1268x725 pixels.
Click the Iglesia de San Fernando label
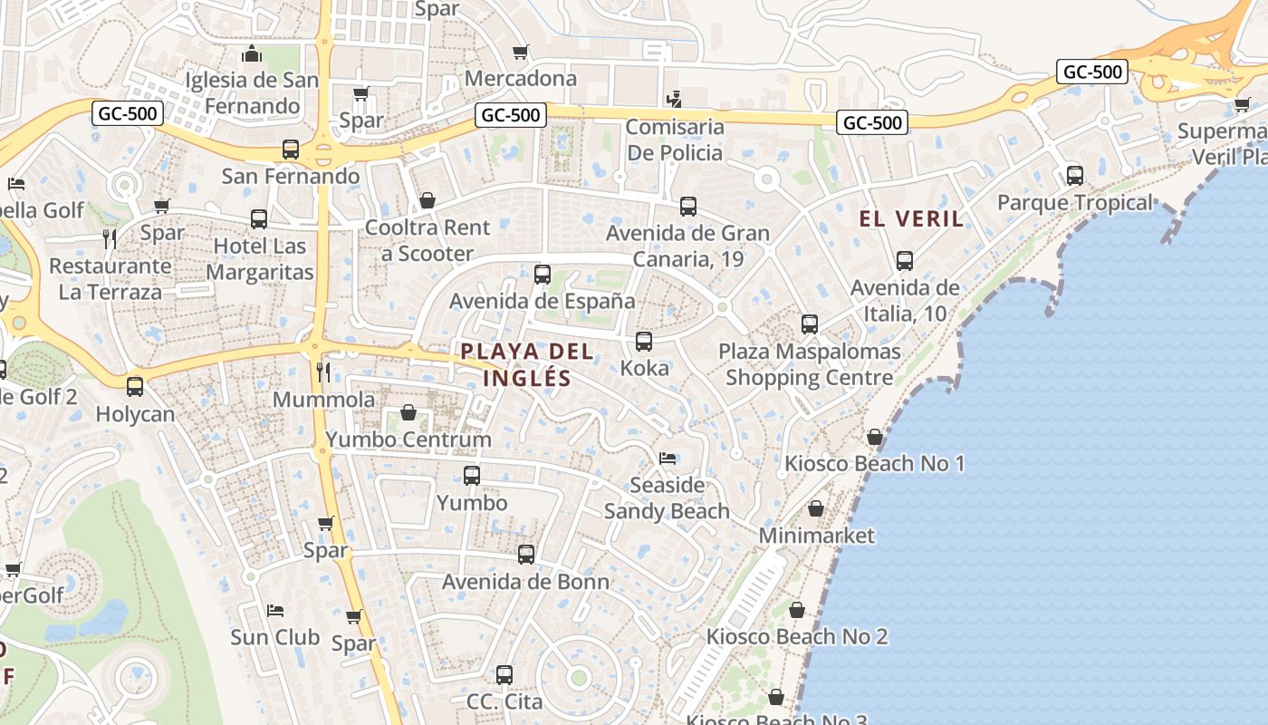(252, 92)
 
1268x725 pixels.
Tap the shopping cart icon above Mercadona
(520, 53)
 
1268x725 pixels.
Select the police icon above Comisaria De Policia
(673, 99)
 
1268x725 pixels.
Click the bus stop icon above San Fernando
(291, 150)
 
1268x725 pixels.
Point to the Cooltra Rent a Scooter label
(427, 240)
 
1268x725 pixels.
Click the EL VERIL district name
(911, 218)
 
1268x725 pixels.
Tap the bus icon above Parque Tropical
(1075, 176)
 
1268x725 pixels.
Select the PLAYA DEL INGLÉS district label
(527, 364)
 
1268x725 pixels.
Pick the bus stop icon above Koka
(644, 342)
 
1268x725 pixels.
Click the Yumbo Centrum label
(408, 440)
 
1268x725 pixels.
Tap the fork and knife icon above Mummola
(323, 372)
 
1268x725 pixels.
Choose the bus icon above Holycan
(135, 387)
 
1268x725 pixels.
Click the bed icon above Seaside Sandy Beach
(668, 459)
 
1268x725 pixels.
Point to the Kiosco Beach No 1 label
(874, 464)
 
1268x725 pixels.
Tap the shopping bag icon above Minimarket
(816, 509)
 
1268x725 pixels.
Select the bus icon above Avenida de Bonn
(526, 555)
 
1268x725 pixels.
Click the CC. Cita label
(504, 701)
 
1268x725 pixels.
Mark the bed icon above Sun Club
(275, 611)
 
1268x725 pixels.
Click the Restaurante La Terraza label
(110, 278)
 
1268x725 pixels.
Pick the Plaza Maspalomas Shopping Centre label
(810, 364)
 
